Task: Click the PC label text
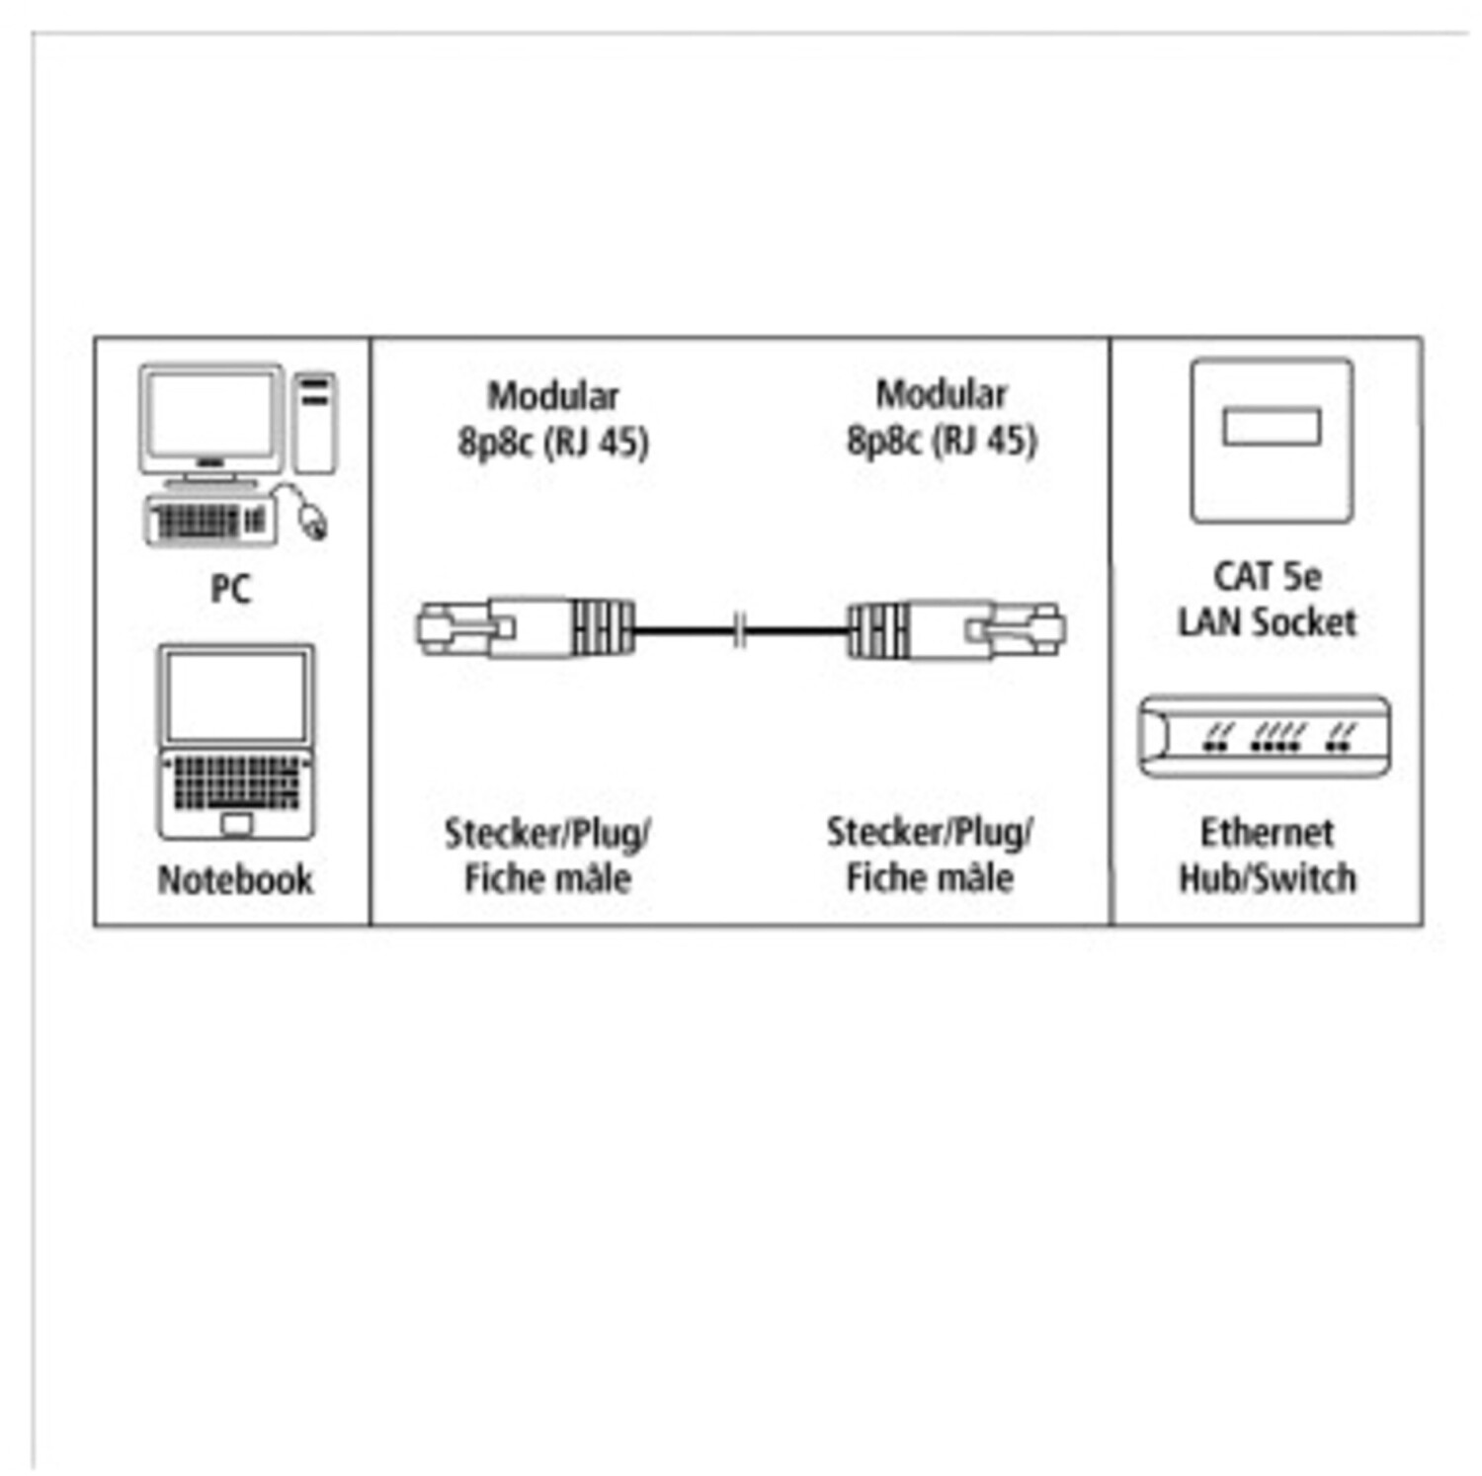tap(230, 589)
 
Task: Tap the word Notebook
tap(235, 879)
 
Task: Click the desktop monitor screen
tap(209, 415)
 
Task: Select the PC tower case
tap(315, 422)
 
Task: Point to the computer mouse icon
tap(313, 521)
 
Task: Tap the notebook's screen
tap(236, 696)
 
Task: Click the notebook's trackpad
tap(236, 823)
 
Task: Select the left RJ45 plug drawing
tap(524, 628)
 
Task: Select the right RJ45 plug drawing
tap(956, 628)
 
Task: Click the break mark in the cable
tap(740, 629)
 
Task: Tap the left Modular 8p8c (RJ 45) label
tap(552, 419)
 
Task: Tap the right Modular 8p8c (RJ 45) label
tap(942, 418)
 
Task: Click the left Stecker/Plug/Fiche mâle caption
tap(546, 856)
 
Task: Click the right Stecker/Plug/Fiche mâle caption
tap(930, 855)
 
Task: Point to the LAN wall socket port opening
tap(1272, 427)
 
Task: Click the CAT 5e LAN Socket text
tap(1268, 599)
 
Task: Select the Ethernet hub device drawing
tap(1265, 736)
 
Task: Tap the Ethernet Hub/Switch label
tap(1268, 856)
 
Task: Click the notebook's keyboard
tap(236, 782)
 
